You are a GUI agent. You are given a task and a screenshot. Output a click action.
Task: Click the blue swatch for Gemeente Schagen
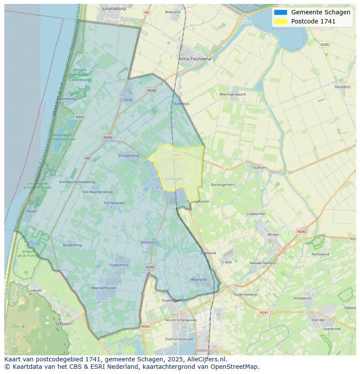coord(280,12)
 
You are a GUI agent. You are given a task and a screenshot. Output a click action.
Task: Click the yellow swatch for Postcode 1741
coord(280,21)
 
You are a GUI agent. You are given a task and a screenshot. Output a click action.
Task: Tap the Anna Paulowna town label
coord(194,59)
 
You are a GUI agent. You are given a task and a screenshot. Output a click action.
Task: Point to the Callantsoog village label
coord(66,99)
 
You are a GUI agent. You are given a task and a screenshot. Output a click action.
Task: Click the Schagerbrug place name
coord(129,156)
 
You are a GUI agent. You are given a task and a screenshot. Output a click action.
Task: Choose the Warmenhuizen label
coord(103,288)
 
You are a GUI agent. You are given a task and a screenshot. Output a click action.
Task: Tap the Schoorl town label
coord(63,324)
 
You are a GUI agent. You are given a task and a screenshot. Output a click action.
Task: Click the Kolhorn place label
coord(260,167)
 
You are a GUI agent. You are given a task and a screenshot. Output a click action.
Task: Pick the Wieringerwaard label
coord(232,94)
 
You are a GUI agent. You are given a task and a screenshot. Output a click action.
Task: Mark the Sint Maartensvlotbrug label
coord(77,182)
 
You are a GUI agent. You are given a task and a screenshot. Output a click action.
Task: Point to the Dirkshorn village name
coord(149,242)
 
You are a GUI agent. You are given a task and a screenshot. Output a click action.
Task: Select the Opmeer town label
coord(318,320)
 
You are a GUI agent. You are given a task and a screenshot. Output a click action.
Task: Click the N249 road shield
coord(151,90)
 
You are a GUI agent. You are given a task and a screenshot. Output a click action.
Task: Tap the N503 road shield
coord(107,138)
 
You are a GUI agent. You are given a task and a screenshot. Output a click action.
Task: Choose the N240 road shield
coord(325,44)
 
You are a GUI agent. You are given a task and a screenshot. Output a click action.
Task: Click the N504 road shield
coord(145,326)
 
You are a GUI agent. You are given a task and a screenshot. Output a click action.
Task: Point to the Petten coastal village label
coord(31,211)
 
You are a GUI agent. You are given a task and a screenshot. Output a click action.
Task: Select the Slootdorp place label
coord(342,87)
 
